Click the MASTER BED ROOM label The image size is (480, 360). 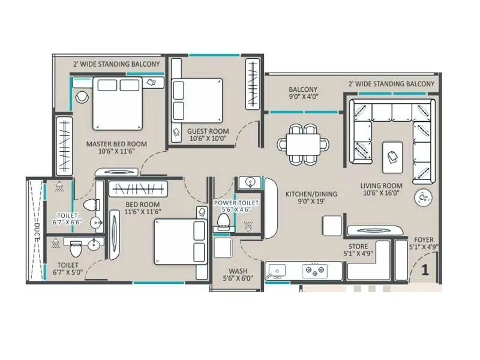116,144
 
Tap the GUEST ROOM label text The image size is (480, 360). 208,131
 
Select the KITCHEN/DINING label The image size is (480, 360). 311,194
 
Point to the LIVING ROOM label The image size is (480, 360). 381,185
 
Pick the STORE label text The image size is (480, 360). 359,246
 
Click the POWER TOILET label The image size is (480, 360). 236,203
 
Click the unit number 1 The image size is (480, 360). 425,270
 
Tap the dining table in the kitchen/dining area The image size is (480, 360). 303,144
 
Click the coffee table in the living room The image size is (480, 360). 392,155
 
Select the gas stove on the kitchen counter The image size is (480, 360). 314,271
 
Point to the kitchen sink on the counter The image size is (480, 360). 277,271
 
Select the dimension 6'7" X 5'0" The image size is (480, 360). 67,272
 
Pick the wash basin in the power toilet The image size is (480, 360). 249,182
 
